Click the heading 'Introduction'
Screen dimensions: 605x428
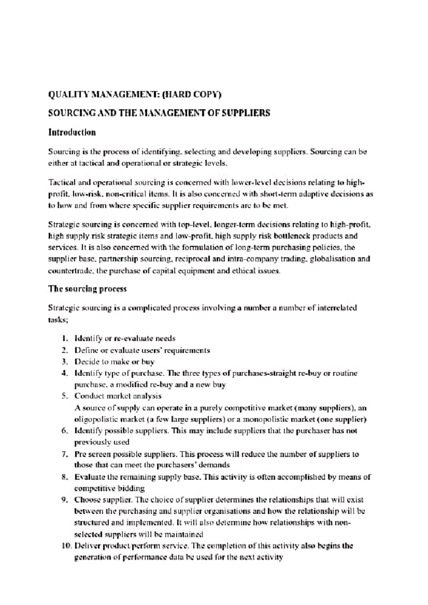tap(72, 133)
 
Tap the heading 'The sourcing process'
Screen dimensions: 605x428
tap(87, 289)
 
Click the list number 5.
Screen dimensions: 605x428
tap(65, 396)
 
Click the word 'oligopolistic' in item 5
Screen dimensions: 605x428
tap(93, 419)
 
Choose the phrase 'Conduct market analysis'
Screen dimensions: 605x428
tap(118, 396)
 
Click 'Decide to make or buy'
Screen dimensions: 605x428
tap(114, 362)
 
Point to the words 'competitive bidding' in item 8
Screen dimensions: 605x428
tap(109, 488)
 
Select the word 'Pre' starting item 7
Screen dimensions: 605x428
tap(80, 454)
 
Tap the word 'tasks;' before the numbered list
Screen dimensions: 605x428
tap(58, 320)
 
